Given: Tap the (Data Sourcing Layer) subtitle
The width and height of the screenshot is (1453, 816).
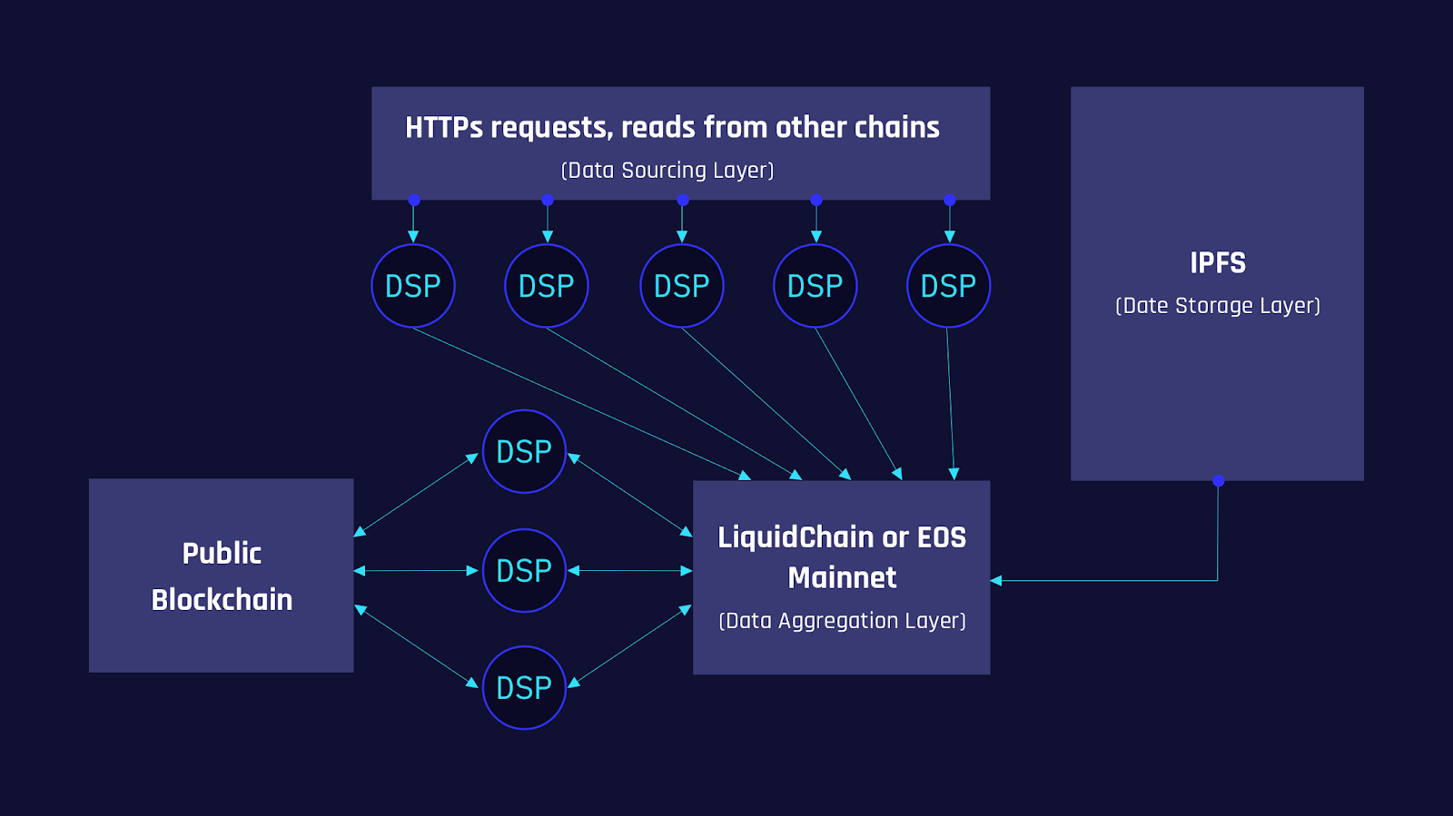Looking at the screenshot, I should point(667,171).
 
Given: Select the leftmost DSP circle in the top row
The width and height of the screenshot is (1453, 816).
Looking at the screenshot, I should point(413,286).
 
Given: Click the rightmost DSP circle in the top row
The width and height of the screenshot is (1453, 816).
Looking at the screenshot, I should point(948,286).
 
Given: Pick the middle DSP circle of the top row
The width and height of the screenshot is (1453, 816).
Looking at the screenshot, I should point(682,286).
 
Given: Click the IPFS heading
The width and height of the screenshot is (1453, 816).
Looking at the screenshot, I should point(1218,263).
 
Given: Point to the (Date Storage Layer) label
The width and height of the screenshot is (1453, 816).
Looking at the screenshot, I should point(1218,306).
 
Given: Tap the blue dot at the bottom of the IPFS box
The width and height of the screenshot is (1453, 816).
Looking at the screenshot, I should point(1218,480).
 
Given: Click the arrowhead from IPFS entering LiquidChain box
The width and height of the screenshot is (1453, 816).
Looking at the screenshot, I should point(996,581).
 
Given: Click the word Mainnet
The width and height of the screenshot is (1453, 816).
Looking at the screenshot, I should point(842,578).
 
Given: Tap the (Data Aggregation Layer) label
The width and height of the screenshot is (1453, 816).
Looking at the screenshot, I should point(842,621).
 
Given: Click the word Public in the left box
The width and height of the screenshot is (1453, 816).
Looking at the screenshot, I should point(222,554).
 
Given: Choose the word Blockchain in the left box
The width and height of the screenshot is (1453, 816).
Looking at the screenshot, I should point(222,600).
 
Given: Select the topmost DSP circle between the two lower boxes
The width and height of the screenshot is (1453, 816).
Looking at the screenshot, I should point(524,452).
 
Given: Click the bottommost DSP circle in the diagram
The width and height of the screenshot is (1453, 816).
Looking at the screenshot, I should point(524,688).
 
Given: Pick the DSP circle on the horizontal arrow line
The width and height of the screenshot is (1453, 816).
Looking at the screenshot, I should point(524,571).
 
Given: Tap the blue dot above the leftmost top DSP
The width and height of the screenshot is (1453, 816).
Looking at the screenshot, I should point(413,200).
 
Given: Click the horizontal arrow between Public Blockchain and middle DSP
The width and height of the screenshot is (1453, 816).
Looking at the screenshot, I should point(416,571).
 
